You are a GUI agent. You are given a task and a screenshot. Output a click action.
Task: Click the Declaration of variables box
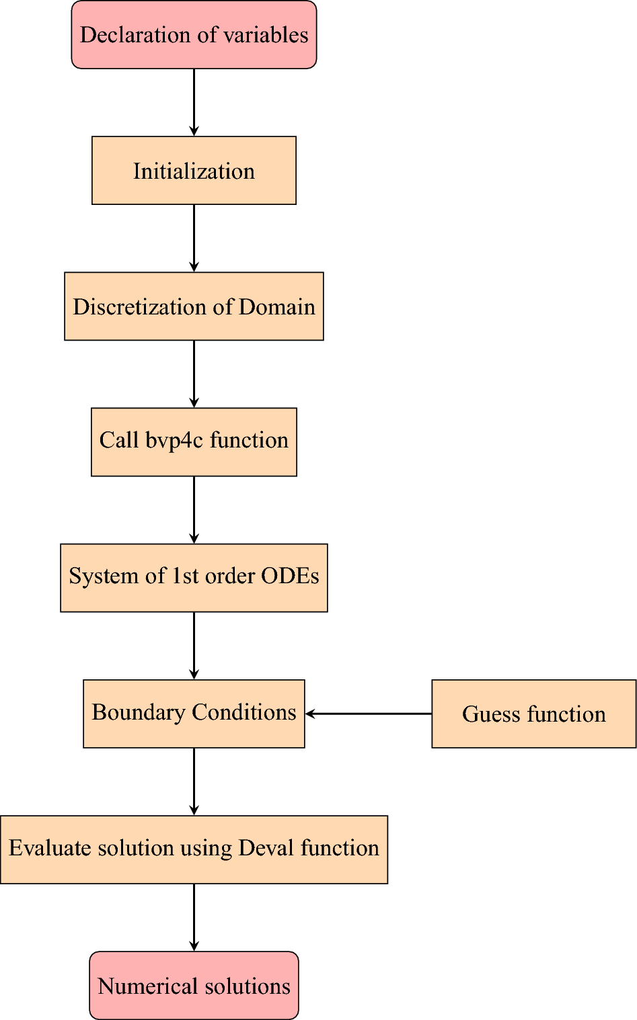click(x=194, y=35)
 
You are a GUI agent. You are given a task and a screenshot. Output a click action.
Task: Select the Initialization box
click(x=194, y=171)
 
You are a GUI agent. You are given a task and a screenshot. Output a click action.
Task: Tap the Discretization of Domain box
click(x=194, y=306)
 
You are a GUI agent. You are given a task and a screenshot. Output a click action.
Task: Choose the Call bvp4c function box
click(x=194, y=442)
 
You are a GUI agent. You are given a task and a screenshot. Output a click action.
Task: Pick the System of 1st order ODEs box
click(x=194, y=578)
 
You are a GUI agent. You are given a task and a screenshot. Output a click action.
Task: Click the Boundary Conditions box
click(x=194, y=714)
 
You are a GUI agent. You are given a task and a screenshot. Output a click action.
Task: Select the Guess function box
click(x=533, y=714)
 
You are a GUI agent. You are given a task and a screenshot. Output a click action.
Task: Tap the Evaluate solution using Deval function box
click(x=194, y=849)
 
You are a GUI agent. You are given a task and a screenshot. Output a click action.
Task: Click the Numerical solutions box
click(x=194, y=985)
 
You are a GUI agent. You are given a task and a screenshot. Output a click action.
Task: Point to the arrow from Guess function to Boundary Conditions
click(x=369, y=714)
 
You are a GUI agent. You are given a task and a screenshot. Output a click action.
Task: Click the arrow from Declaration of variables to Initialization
click(x=194, y=102)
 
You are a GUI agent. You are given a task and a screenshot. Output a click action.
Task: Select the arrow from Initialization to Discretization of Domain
click(x=194, y=238)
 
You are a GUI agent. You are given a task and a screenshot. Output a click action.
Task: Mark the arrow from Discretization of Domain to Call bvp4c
click(x=194, y=374)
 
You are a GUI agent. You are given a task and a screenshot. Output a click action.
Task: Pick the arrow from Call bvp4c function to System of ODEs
click(x=194, y=509)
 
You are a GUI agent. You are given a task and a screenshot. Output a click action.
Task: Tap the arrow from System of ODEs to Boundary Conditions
click(x=194, y=645)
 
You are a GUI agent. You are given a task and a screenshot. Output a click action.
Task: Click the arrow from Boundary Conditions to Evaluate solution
click(x=194, y=781)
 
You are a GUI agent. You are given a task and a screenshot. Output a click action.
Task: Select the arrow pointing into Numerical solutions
click(x=194, y=917)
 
